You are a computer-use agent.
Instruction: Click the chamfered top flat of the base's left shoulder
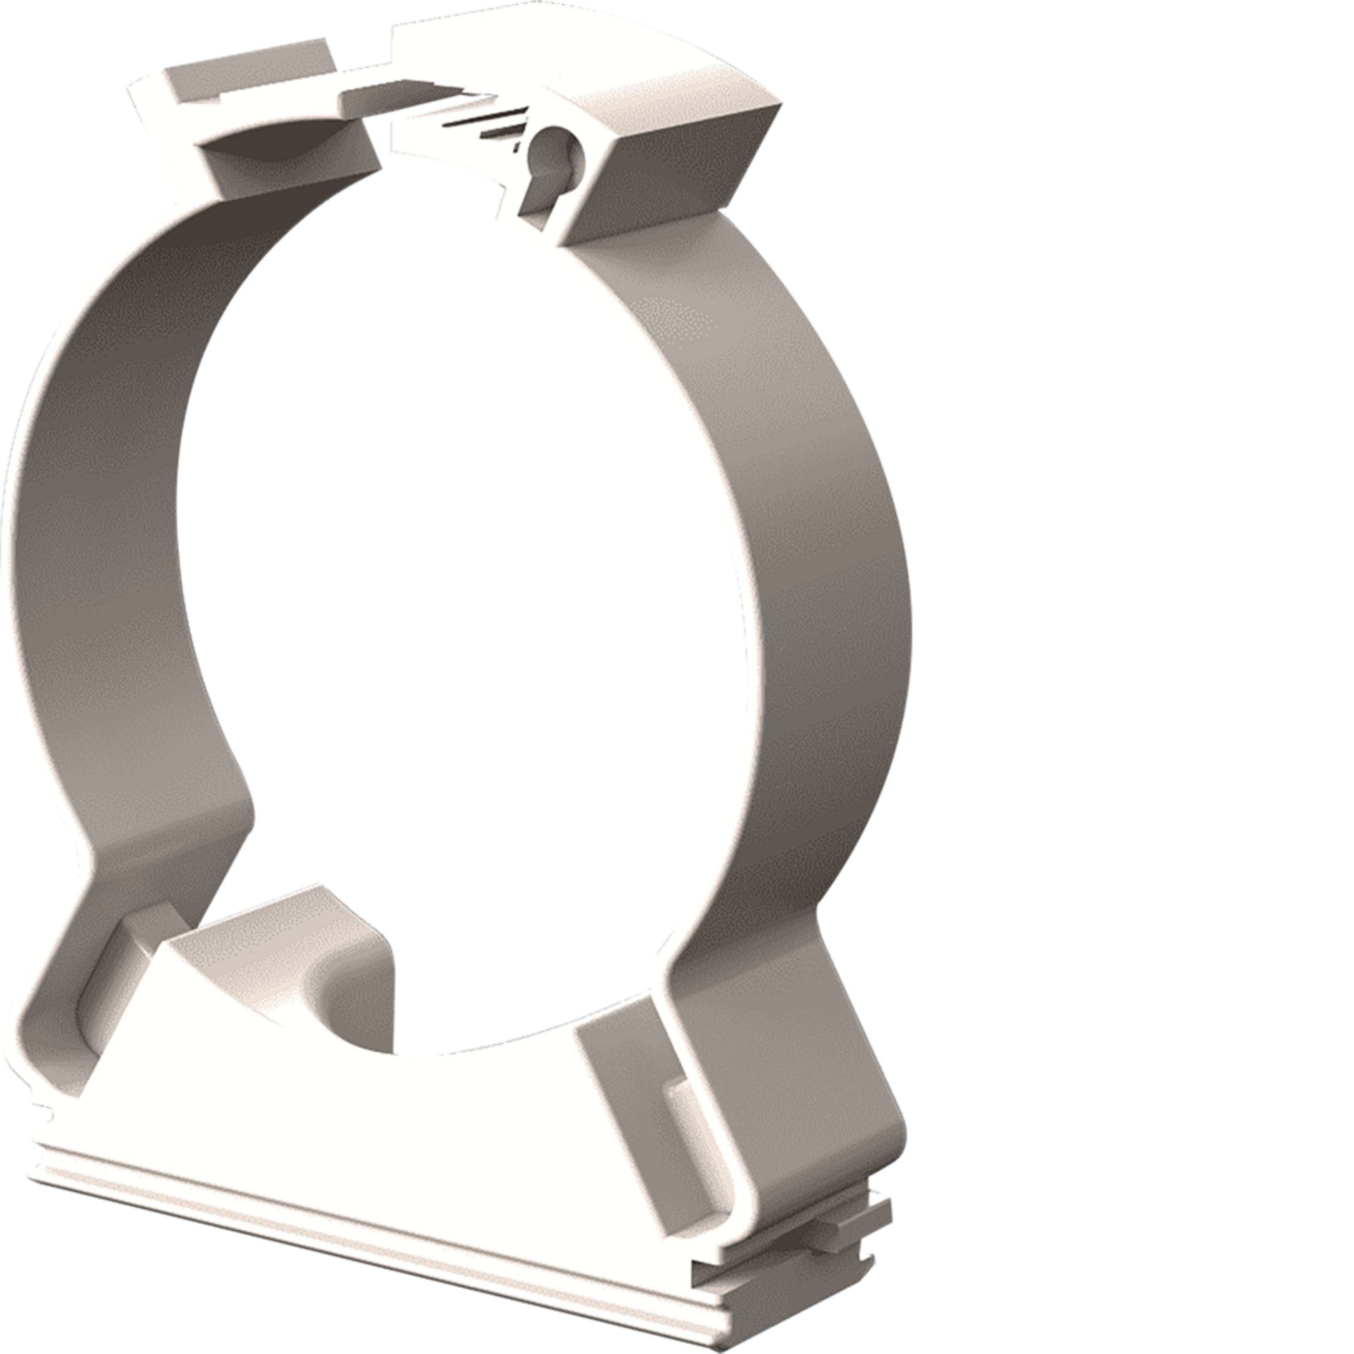tap(280, 911)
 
